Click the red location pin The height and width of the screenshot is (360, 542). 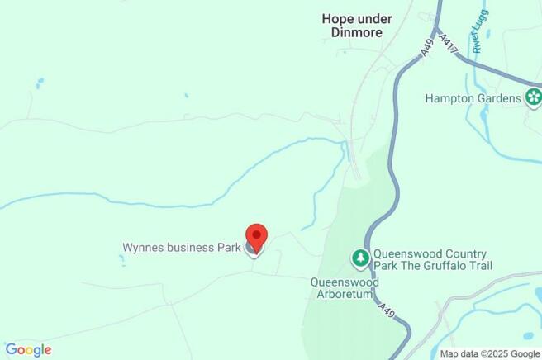[x=256, y=236]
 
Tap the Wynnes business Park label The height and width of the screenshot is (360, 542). [x=181, y=247]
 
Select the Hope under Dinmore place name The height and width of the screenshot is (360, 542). [x=356, y=26]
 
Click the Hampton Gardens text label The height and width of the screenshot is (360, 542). [x=472, y=98]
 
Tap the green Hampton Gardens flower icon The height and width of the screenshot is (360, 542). [x=534, y=98]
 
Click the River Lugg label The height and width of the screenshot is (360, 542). [x=478, y=36]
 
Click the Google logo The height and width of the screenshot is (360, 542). [x=28, y=349]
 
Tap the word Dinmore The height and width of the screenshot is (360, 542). [x=357, y=33]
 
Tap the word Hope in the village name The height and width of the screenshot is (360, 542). [x=336, y=19]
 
